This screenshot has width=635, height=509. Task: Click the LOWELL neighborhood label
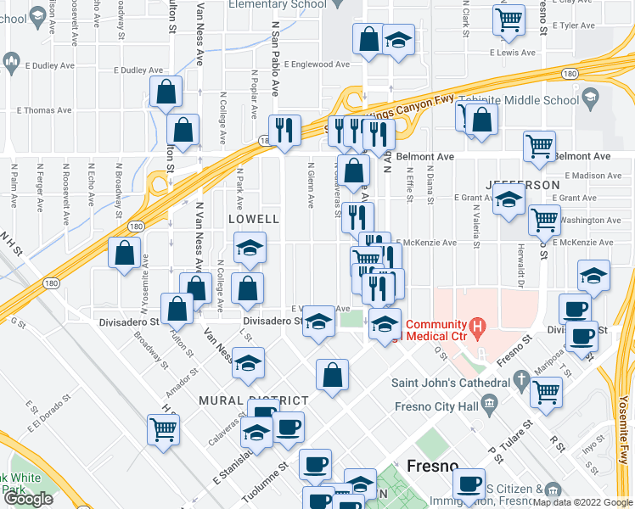pos(254,219)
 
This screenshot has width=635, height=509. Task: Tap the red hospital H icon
pos(477,326)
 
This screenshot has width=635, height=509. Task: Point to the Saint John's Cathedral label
pos(450,382)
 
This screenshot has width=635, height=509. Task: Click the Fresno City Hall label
pos(436,406)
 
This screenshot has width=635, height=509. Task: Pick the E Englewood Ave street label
pos(317,64)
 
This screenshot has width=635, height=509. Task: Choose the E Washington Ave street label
pos(592,220)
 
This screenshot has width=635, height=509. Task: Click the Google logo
pos(28,499)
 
